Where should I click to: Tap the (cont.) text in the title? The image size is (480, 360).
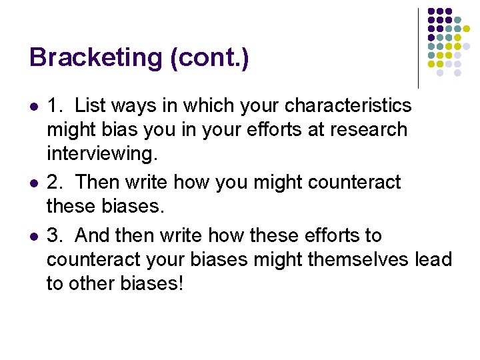211,58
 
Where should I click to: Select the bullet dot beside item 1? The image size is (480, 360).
33,107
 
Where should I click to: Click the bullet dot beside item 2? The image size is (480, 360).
33,183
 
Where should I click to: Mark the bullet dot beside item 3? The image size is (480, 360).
33,236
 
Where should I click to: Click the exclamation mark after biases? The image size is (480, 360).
180,283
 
